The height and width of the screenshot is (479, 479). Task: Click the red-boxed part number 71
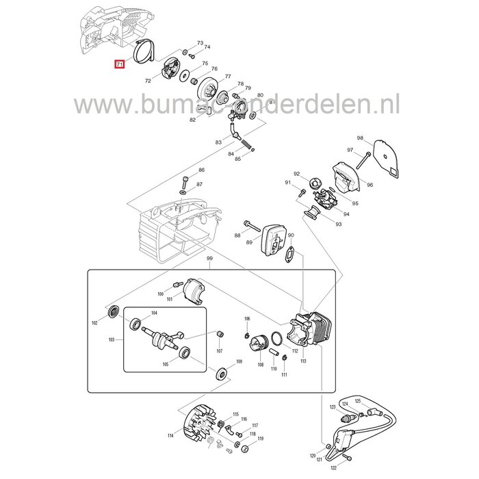tap(119, 64)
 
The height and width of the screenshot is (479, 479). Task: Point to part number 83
tap(218, 142)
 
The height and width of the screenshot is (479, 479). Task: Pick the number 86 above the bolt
tap(201, 170)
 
